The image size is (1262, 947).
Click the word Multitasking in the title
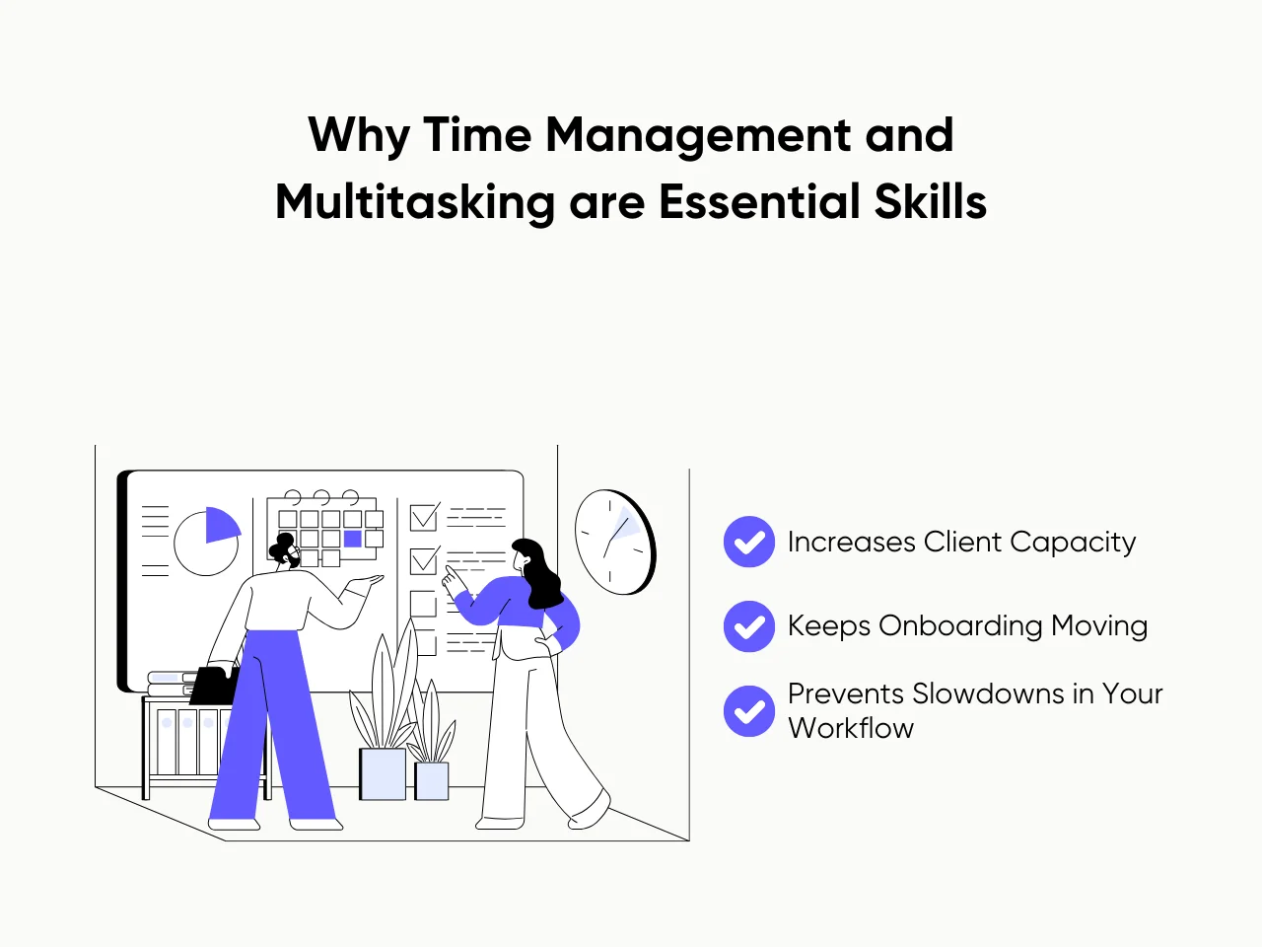pos(415,202)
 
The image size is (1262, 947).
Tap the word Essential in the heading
pos(744,202)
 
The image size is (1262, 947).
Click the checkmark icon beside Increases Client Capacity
pos(749,542)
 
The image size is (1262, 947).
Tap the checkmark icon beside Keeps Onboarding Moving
pos(749,626)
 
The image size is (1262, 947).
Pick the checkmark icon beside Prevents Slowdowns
pos(749,711)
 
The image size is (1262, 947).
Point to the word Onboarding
pos(960,626)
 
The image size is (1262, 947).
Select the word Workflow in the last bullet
pos(851,728)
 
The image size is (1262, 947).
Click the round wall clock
pos(614,542)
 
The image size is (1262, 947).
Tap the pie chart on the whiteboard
pos(207,542)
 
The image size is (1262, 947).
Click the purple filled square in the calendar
pos(352,539)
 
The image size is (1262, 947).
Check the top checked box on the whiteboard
pos(424,517)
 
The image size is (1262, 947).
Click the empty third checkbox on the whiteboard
pos(423,603)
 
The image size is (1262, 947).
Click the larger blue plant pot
pos(383,773)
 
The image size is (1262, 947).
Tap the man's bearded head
pos(286,552)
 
